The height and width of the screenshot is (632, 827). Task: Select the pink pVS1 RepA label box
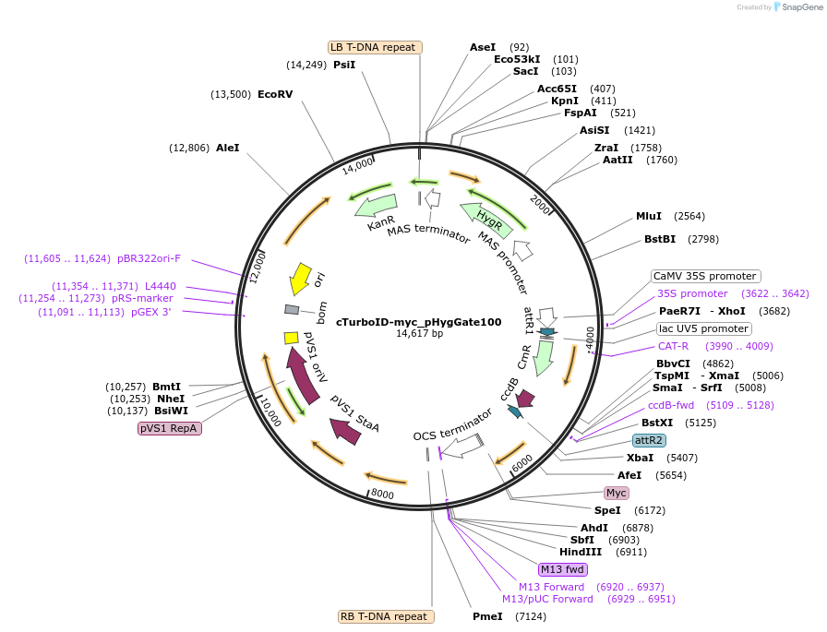[x=171, y=428]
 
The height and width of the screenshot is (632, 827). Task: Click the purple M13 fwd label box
[x=563, y=568]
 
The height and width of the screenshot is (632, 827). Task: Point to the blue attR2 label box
[x=650, y=440]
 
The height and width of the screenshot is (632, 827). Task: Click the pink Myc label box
[x=617, y=493]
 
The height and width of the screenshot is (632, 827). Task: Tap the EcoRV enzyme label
[x=275, y=94]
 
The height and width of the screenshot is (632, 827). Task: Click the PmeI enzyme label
[x=487, y=616]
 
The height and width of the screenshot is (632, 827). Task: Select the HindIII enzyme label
[x=580, y=552]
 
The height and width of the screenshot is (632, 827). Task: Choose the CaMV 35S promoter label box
[x=705, y=276]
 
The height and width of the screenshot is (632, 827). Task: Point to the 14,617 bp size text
[x=419, y=334]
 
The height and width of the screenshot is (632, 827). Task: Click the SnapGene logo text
[x=799, y=7]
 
